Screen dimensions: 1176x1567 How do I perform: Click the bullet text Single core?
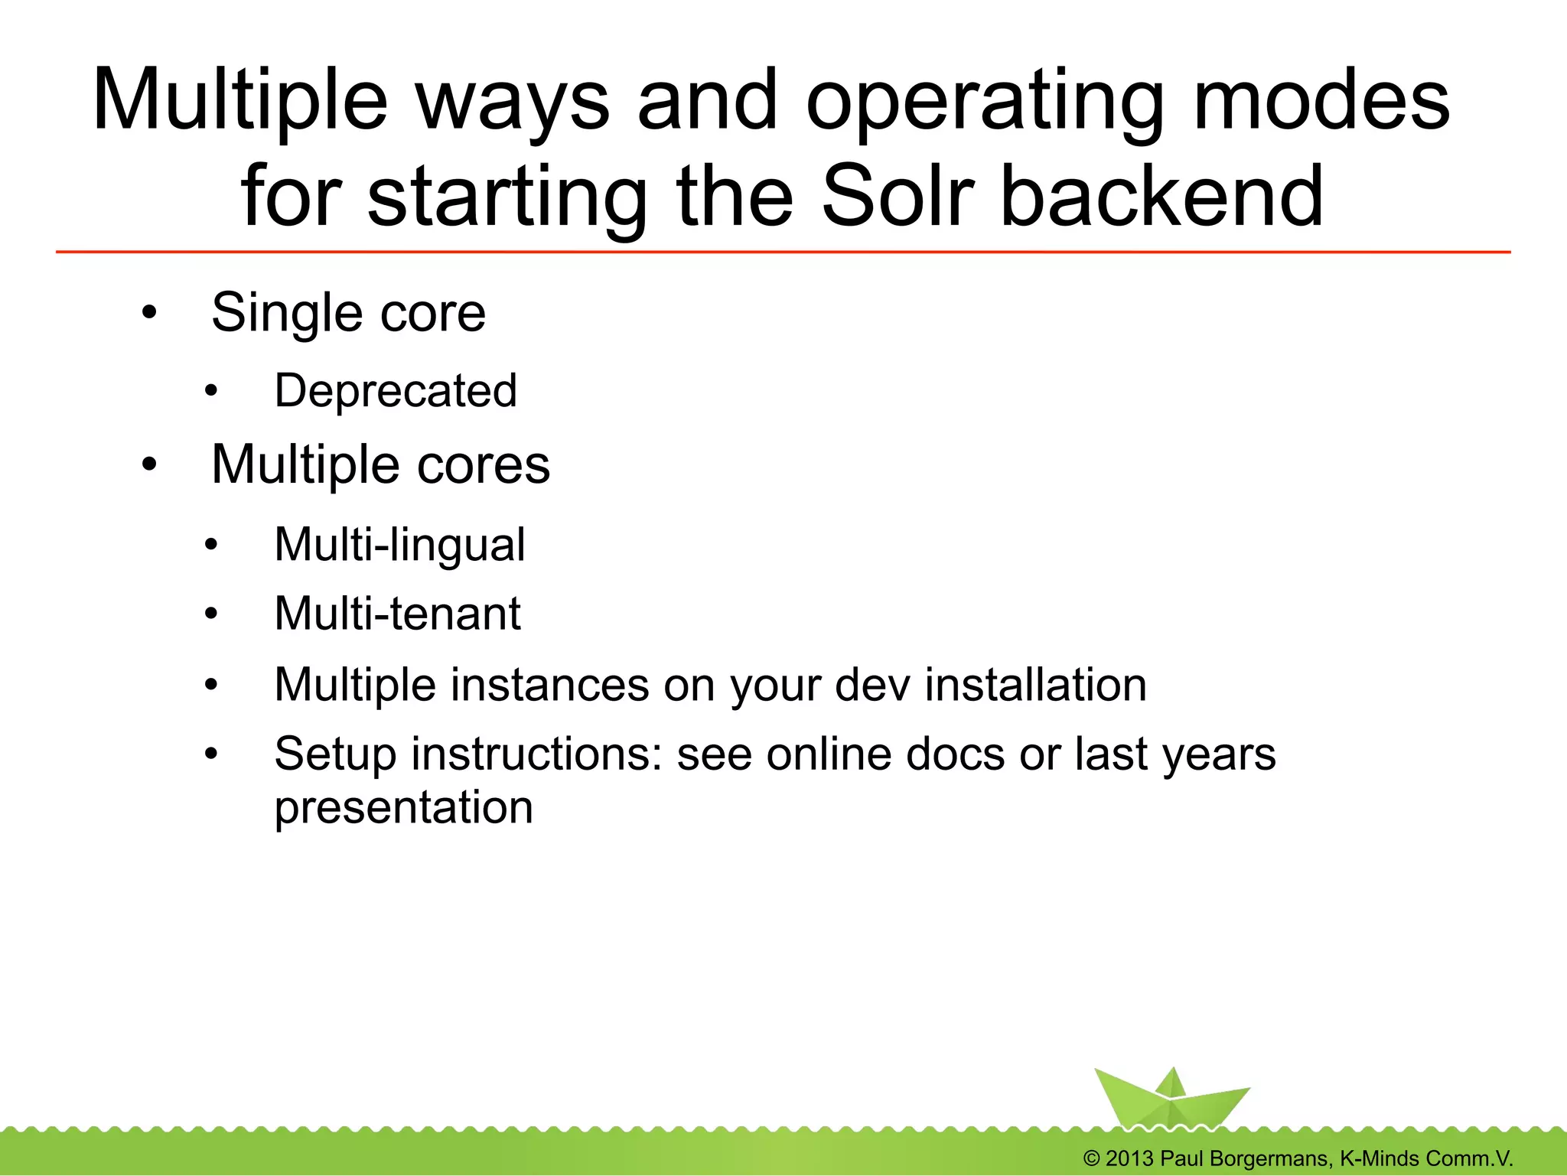coord(348,312)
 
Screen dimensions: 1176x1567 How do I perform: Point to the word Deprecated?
coord(396,390)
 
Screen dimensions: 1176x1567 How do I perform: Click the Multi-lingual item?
coord(399,544)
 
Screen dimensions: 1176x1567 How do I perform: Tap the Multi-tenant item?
coord(397,614)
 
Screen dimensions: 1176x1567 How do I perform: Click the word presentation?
coord(403,807)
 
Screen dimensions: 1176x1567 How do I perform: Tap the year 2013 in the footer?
coord(1129,1158)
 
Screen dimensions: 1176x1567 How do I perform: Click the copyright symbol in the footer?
coord(1092,1158)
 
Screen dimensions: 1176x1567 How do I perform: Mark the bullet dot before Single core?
coord(149,312)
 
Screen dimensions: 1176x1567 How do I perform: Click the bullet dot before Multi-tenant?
coord(211,614)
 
